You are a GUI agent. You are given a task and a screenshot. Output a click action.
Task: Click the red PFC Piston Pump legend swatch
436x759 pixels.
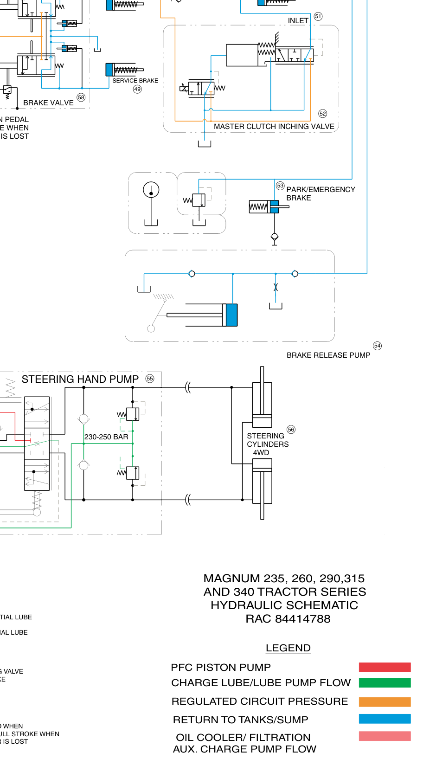click(385, 667)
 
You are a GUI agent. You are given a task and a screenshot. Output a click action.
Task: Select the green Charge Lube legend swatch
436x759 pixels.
click(385, 682)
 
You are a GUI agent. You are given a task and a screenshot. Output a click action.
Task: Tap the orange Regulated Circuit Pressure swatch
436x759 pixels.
click(385, 701)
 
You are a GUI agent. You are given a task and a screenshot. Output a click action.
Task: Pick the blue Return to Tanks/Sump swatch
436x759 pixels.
click(385, 719)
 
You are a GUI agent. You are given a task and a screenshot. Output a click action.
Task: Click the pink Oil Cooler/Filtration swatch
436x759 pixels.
click(385, 736)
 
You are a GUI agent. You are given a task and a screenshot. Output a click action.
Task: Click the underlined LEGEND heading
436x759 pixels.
click(288, 648)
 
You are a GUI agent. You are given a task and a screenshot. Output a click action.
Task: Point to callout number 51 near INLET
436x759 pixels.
click(318, 16)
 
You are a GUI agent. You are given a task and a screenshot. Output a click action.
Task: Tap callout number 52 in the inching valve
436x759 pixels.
click(323, 114)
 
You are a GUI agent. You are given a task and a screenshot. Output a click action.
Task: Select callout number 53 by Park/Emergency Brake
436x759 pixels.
click(280, 186)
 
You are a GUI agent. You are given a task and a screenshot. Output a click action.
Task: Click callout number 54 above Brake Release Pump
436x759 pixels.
click(378, 346)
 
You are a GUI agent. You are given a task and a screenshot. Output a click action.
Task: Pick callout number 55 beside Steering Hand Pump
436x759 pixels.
click(150, 379)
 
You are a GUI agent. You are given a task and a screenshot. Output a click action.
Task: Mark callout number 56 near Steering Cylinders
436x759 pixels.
click(291, 430)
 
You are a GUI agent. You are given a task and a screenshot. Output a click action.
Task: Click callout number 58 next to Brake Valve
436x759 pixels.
click(81, 97)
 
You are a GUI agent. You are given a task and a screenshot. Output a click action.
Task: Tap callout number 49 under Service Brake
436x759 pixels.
click(137, 89)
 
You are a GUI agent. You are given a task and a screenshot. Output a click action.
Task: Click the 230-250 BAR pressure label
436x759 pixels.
click(106, 437)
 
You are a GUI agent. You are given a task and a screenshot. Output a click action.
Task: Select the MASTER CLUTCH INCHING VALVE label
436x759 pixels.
click(274, 126)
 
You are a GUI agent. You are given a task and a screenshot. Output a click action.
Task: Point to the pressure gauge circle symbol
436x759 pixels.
click(151, 190)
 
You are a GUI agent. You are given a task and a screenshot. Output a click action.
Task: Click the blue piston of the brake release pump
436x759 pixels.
click(231, 315)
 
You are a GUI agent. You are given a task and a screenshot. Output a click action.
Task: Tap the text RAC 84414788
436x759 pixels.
click(288, 619)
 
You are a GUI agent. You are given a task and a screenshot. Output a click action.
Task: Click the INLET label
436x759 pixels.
click(298, 21)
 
